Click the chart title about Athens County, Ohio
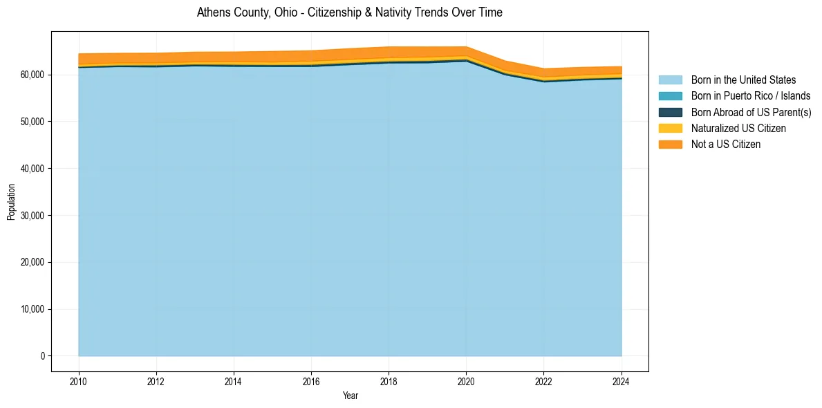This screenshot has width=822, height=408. tap(349, 12)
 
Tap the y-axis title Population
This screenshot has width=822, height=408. tap(11, 201)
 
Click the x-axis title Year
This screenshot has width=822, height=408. tap(350, 396)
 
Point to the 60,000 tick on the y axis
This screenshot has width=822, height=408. tap(32, 75)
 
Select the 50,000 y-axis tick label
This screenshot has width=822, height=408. tap(32, 122)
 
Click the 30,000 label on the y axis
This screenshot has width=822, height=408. tap(32, 215)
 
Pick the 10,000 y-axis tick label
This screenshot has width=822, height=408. tap(32, 309)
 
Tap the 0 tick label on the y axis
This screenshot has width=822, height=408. tap(42, 356)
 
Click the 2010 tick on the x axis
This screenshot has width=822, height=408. tap(79, 380)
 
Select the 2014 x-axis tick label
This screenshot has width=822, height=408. tap(234, 380)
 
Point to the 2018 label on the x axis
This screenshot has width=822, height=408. tap(389, 380)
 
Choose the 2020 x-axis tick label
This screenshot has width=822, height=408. tap(466, 380)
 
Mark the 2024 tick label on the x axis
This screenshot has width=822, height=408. tap(622, 380)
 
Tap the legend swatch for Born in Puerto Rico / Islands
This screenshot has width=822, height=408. tap(670, 96)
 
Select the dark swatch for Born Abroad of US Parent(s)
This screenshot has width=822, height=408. tap(670, 112)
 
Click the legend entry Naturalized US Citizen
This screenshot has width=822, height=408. tap(738, 129)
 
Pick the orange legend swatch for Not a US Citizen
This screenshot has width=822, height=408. tap(670, 145)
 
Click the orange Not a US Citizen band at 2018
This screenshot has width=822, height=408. tap(389, 52)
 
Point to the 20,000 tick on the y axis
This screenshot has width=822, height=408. tap(32, 262)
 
